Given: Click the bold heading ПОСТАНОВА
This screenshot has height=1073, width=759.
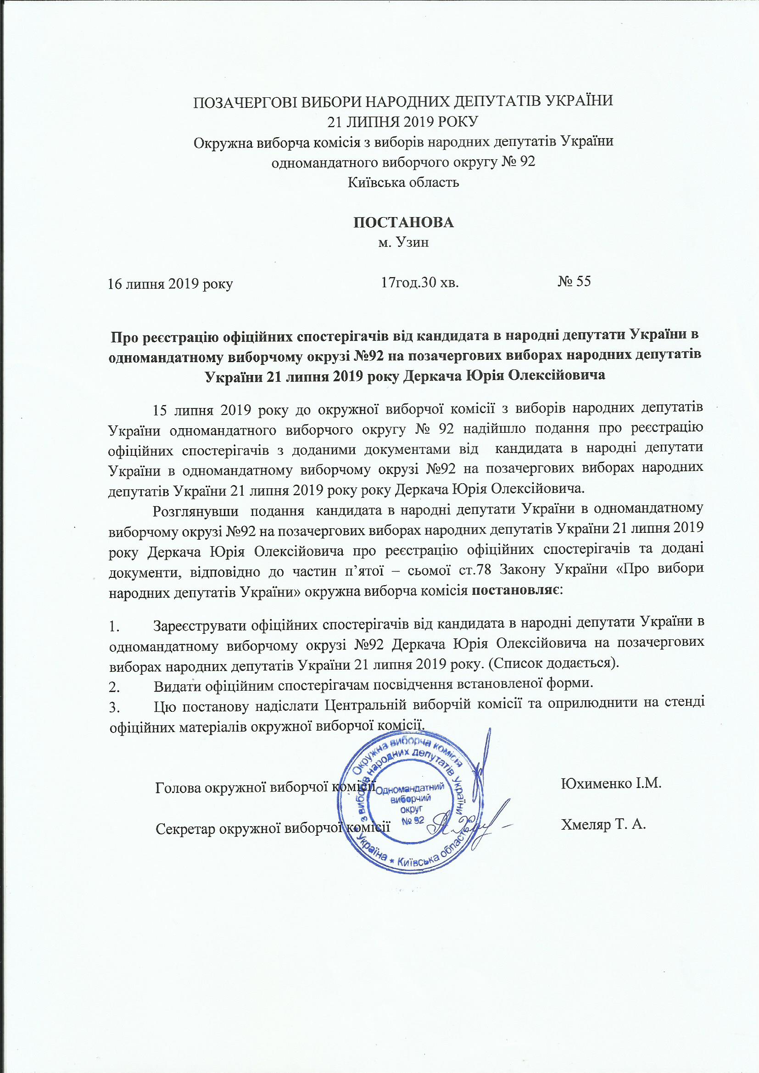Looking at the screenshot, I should click(x=403, y=223).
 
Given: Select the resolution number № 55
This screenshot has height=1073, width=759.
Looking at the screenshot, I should click(x=574, y=281).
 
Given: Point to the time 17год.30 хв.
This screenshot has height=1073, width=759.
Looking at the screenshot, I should click(x=419, y=282).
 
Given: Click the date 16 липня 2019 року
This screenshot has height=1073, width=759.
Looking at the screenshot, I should click(x=170, y=283).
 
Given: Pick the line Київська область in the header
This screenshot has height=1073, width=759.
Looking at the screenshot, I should click(x=403, y=182).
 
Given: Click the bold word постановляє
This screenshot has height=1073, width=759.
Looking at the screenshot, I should click(x=517, y=591).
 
